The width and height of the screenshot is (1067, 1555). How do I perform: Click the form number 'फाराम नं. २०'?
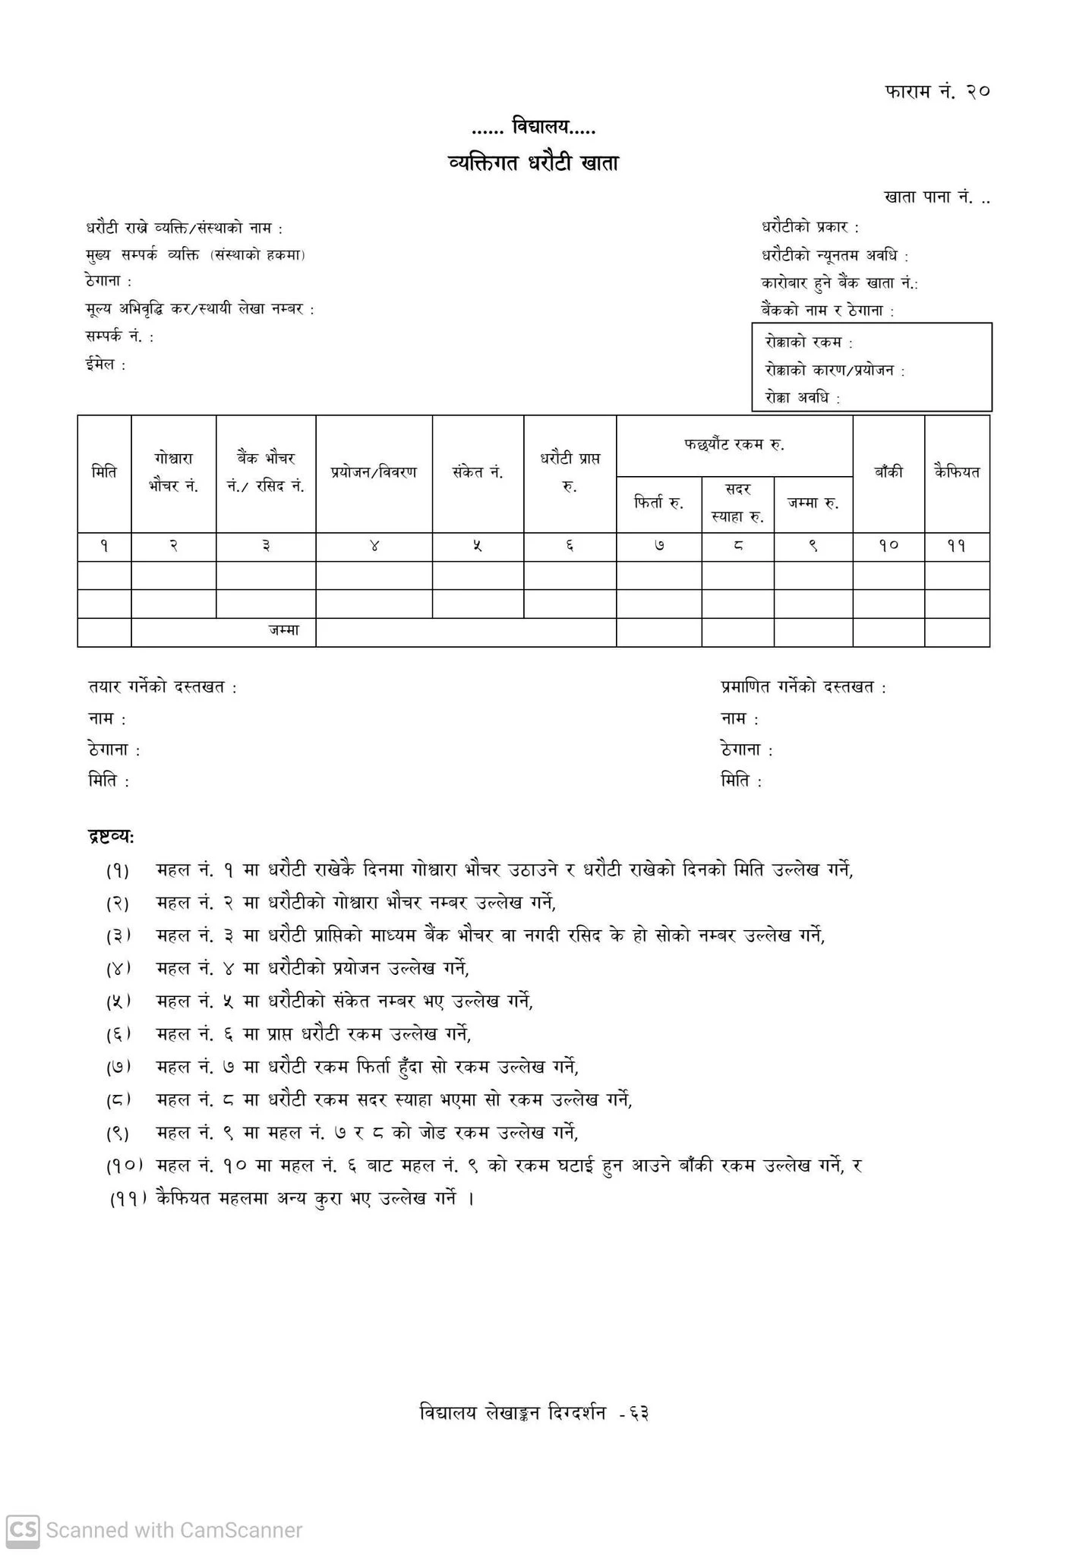pyautogui.click(x=937, y=92)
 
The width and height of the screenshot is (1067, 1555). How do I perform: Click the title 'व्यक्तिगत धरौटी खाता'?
pyautogui.click(x=533, y=162)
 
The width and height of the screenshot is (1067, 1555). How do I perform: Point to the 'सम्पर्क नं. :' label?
pyautogui.click(x=120, y=337)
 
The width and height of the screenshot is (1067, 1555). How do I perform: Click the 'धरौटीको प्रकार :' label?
pyautogui.click(x=810, y=227)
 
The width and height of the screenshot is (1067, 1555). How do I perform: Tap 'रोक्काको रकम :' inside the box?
pyautogui.click(x=809, y=342)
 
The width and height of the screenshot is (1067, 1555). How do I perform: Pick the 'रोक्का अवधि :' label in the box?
pyautogui.click(x=803, y=398)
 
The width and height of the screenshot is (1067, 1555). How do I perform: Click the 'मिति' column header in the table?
pyautogui.click(x=104, y=472)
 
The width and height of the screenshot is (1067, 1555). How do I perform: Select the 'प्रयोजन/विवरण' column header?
pyautogui.click(x=374, y=472)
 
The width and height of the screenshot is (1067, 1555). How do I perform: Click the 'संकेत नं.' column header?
pyautogui.click(x=478, y=472)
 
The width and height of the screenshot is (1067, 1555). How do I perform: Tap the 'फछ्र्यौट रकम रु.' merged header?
pyautogui.click(x=734, y=445)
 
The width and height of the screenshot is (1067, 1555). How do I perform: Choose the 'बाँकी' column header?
pyautogui.click(x=888, y=472)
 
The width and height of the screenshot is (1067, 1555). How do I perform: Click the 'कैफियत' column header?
pyautogui.click(x=957, y=472)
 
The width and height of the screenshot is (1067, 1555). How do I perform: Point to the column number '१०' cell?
pyautogui.click(x=888, y=546)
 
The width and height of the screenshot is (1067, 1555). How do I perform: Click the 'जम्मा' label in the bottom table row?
pyautogui.click(x=283, y=631)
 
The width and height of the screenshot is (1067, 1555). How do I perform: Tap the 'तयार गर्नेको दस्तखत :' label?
pyautogui.click(x=163, y=688)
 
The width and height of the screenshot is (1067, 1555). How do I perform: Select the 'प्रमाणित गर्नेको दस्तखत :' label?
pyautogui.click(x=803, y=688)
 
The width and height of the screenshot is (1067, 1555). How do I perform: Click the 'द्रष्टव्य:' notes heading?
pyautogui.click(x=112, y=837)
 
